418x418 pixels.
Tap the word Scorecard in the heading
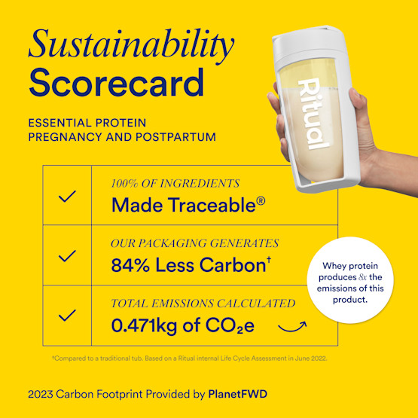pyautogui.click(x=116, y=83)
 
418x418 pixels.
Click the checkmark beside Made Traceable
pyautogui.click(x=67, y=197)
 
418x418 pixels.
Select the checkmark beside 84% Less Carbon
pyautogui.click(x=67, y=256)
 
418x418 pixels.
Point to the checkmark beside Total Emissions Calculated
pyautogui.click(x=67, y=314)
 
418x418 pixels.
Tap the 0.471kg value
pyautogui.click(x=150, y=325)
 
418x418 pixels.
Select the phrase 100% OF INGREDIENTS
pyautogui.click(x=175, y=184)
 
